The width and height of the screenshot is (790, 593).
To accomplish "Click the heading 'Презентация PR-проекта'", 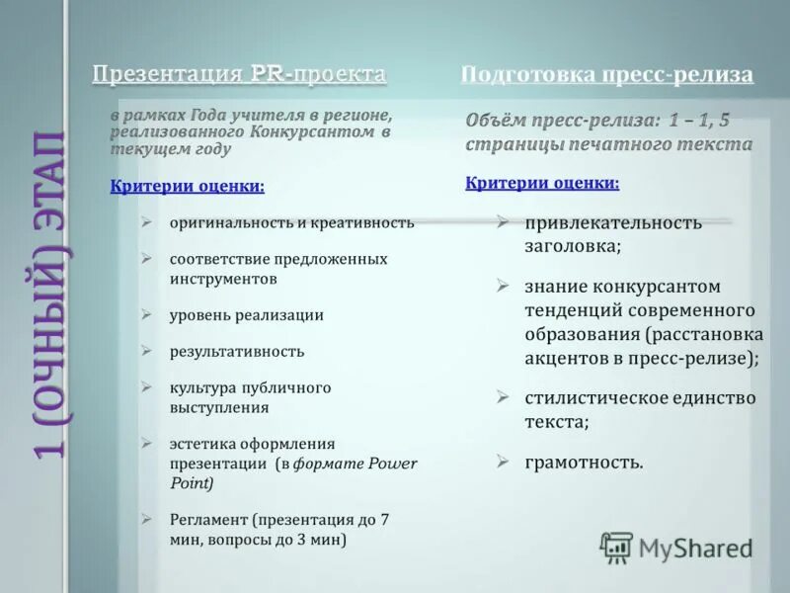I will (x=239, y=75).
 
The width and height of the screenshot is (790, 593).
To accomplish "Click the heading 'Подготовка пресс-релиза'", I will (x=606, y=75).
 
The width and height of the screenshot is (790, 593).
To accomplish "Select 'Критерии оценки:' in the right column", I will (x=542, y=183).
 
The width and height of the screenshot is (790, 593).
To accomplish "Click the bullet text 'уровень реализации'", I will (x=246, y=315).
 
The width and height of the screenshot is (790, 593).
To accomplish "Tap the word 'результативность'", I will (x=237, y=351).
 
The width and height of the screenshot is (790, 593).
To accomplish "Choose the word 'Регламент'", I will (x=207, y=518).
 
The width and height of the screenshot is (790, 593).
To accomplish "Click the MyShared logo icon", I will (x=616, y=547).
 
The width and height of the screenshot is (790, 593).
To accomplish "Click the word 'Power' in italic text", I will (x=393, y=463).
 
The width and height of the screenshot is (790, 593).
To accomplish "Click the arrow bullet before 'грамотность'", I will (x=503, y=461).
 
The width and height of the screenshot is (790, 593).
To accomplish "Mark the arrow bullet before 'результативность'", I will (x=146, y=351).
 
